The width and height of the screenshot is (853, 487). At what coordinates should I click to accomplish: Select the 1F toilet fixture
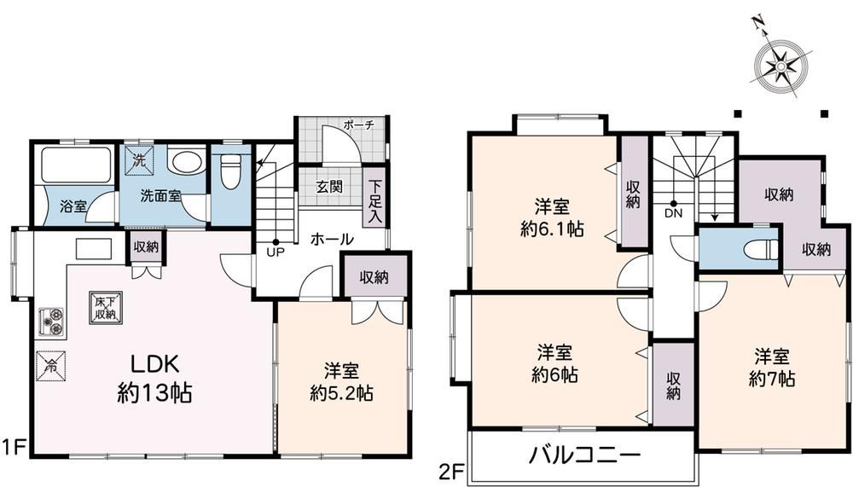pos(231,171)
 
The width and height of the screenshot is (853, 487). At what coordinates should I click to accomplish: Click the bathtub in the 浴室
pos(76,164)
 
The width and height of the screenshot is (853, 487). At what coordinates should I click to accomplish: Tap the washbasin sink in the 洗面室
pos(185,160)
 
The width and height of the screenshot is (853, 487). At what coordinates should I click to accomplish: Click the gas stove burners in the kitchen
pos(53,321)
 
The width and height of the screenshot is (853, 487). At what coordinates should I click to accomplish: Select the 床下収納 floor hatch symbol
pos(106,308)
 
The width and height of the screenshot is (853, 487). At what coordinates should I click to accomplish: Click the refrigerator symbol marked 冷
pos(51,366)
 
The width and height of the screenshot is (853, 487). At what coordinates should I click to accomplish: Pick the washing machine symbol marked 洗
pos(139,160)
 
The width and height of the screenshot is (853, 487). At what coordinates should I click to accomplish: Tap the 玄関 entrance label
pos(329,187)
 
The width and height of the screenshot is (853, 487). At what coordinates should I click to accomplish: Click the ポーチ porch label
pos(358,125)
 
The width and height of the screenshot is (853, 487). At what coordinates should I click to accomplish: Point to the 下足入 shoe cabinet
pos(374,202)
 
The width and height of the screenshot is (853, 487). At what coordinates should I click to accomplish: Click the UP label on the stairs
pos(276,252)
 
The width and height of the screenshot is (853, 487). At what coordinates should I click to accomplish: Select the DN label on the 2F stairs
pos(673,213)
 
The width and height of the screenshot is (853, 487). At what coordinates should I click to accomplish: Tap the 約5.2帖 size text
pos(342,393)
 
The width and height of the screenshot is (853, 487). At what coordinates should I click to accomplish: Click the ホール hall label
pos(332,239)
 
